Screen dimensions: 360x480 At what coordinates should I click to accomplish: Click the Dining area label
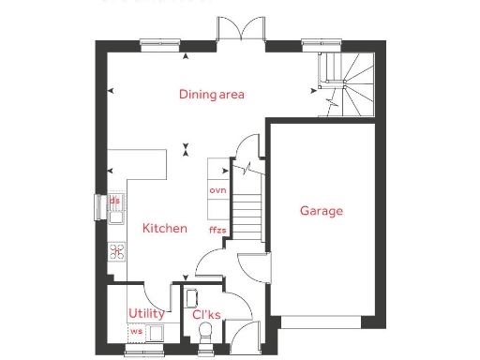(212, 94)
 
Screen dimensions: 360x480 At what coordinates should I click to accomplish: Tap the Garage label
(321, 211)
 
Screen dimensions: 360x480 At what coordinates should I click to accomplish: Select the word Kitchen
(164, 228)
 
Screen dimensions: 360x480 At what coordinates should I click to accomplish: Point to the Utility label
(146, 313)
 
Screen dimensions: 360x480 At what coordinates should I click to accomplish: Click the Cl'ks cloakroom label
(206, 314)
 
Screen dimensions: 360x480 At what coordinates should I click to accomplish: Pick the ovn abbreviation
(218, 190)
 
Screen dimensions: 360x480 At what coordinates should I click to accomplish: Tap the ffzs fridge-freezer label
(217, 229)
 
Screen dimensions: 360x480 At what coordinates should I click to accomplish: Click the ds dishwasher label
(114, 200)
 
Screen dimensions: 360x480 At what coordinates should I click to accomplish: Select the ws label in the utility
(136, 331)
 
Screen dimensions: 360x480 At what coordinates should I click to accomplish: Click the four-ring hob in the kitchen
(117, 250)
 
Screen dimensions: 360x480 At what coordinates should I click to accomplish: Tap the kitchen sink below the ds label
(115, 217)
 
